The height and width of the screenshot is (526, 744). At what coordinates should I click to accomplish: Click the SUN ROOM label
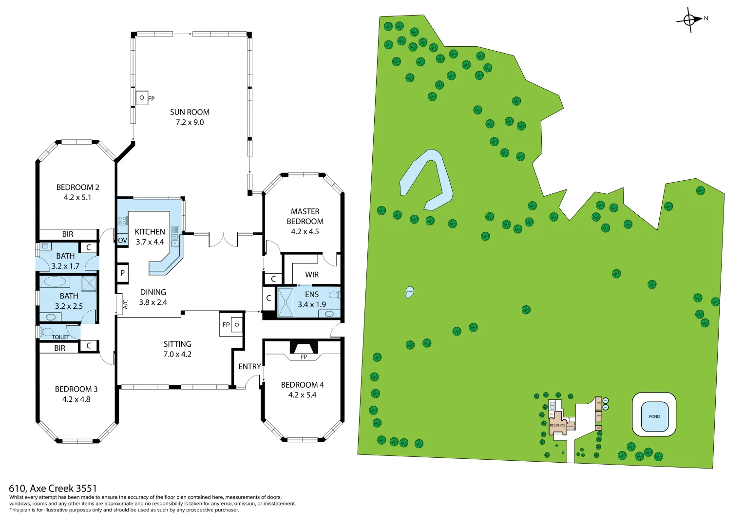[190, 112]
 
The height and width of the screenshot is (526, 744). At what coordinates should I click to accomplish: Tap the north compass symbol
[689, 20]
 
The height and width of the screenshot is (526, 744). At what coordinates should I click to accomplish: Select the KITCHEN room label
[150, 232]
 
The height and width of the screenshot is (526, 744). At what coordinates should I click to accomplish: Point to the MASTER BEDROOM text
[305, 216]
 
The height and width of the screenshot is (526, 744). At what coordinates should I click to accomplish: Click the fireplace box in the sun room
[142, 98]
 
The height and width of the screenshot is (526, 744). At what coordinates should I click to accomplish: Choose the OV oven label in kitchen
[122, 240]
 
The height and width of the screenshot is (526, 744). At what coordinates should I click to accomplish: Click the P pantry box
[122, 273]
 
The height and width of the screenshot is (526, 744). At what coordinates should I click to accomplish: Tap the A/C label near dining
[125, 304]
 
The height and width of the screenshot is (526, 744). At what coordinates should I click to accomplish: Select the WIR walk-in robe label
[312, 275]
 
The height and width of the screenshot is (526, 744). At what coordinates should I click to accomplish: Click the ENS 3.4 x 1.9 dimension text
[312, 304]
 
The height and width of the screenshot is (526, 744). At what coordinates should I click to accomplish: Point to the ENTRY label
[249, 366]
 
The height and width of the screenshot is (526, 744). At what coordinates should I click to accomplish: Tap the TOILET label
[60, 337]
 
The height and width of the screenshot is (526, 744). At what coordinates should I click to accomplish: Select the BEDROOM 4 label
[302, 385]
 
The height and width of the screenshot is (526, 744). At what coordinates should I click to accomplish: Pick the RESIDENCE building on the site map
[557, 424]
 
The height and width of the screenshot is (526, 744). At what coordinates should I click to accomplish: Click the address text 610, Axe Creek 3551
[53, 488]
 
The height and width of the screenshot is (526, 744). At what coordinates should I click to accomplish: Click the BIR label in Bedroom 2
[68, 234]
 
